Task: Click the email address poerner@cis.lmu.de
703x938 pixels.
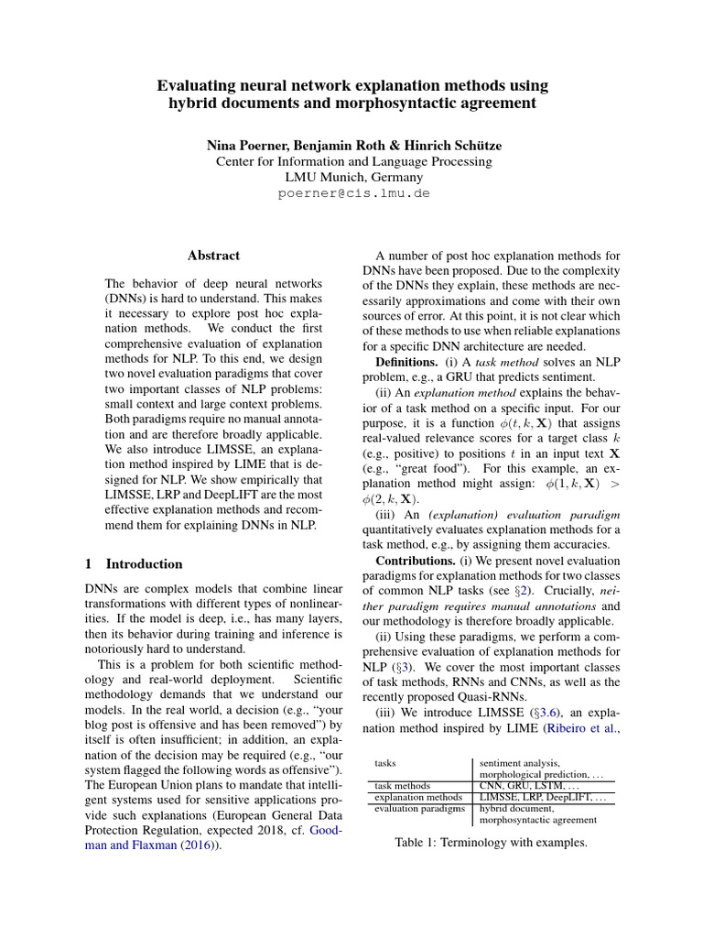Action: click(352, 193)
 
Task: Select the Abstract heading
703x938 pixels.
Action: click(213, 256)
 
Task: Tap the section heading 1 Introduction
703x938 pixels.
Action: click(134, 563)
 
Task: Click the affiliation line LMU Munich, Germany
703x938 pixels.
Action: click(352, 177)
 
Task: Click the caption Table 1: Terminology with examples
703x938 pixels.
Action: click(491, 842)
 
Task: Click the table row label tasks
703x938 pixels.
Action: click(386, 762)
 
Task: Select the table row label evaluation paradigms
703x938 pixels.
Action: click(418, 809)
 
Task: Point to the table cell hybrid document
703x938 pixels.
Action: click(516, 809)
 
